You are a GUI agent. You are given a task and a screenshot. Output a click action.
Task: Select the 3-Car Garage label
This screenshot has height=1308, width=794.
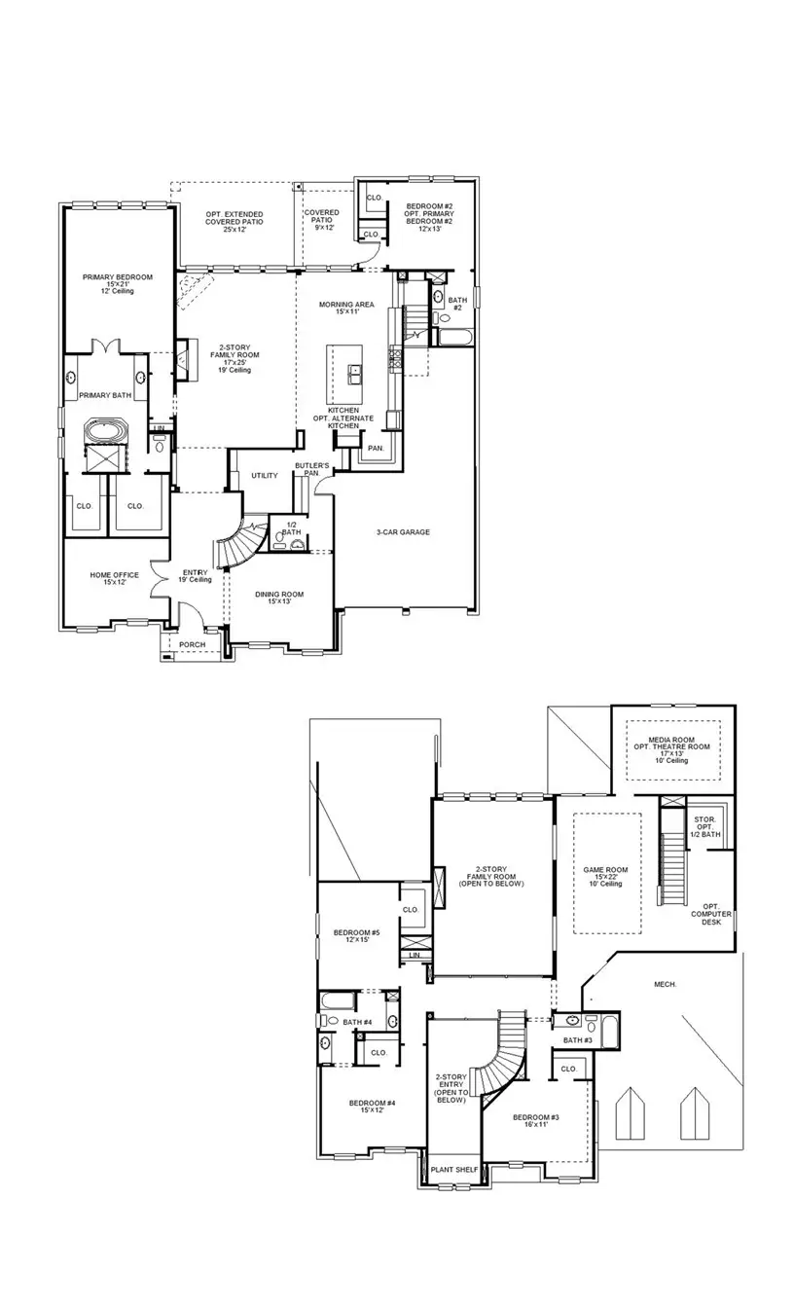tap(403, 532)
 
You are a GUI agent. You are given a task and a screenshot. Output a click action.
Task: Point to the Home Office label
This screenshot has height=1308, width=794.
tap(115, 578)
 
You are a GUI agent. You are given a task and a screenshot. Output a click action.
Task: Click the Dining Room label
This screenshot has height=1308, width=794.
tap(279, 598)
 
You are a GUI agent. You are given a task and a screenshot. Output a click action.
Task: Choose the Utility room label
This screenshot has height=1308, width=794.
tap(264, 476)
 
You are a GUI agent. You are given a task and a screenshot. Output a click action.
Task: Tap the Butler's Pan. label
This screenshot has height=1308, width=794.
tap(312, 471)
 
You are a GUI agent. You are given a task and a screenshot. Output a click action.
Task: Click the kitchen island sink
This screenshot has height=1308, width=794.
tap(355, 371)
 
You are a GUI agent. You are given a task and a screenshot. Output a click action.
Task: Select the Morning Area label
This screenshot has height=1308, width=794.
tap(346, 308)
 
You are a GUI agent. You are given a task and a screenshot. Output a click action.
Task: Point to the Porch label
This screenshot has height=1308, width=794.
tap(192, 643)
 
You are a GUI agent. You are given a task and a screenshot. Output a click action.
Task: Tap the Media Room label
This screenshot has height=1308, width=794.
tap(672, 749)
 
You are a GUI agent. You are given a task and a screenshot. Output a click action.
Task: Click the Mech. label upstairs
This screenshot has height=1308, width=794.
tap(666, 984)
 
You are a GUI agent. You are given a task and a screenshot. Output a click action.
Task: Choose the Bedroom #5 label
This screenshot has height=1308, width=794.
tap(356, 935)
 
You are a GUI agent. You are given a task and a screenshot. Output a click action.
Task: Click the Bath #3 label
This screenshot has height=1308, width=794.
tap(578, 1040)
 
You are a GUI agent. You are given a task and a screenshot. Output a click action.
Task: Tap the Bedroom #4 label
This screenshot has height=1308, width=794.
tap(372, 1107)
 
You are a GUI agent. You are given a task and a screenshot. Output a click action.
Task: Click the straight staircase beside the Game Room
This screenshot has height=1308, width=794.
tap(671, 866)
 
